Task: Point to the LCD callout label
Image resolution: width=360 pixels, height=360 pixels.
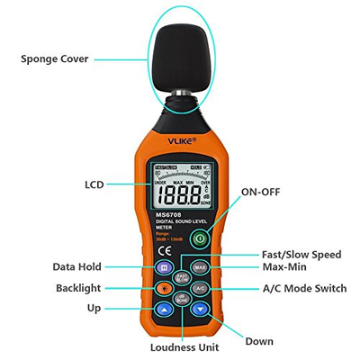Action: click(94, 184)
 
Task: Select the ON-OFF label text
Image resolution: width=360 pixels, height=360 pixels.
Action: click(262, 193)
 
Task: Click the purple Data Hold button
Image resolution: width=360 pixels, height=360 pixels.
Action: click(164, 267)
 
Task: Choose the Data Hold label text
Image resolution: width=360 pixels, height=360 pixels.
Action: click(76, 266)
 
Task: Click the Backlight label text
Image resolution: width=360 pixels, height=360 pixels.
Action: click(77, 288)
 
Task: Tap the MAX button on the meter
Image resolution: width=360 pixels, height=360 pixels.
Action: click(200, 267)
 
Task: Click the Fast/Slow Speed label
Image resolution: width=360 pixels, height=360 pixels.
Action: click(301, 255)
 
